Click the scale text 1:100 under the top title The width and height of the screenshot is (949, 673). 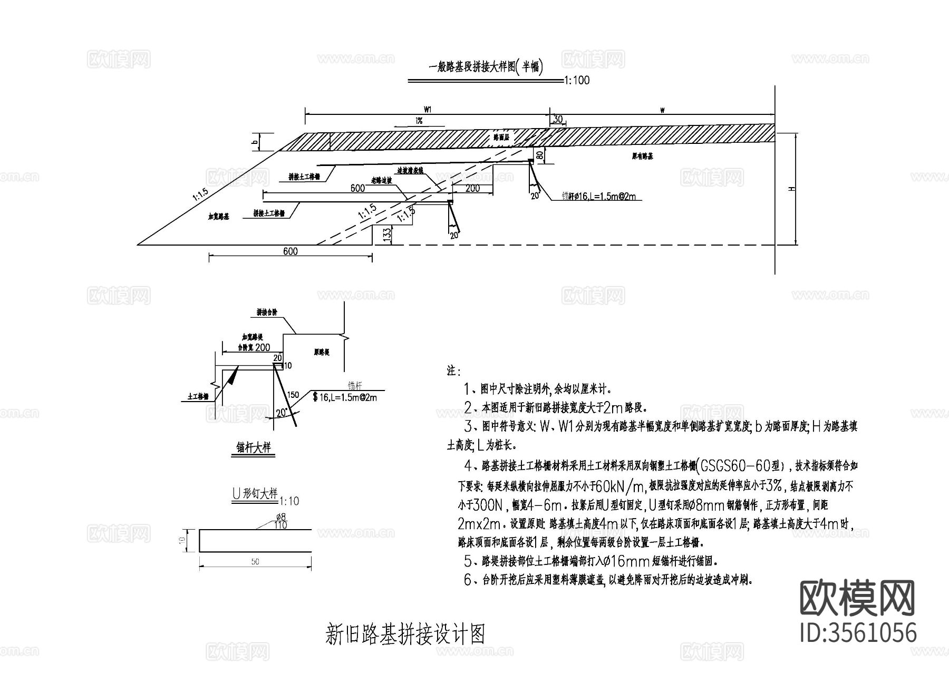(577, 81)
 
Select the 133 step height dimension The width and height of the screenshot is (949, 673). (388, 235)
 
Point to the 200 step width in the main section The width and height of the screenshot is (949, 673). (472, 188)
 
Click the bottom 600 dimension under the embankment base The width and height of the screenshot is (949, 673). (290, 251)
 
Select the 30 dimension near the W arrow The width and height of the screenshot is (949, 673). (557, 120)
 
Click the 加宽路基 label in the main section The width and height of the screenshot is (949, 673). (218, 217)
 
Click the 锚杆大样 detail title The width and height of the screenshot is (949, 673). (254, 447)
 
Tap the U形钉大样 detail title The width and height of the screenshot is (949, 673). (255, 494)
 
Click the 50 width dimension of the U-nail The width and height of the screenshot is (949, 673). (255, 562)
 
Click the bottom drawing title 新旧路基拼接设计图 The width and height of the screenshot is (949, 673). (405, 635)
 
